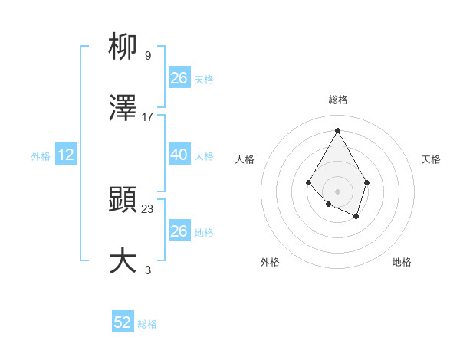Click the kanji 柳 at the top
tap(123, 47)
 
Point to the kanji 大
tap(123, 261)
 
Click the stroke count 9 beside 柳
tap(148, 56)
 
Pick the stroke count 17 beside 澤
tap(148, 117)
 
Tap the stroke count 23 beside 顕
tap(148, 209)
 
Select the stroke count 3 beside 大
tap(148, 270)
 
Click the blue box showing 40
tap(179, 155)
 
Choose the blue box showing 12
tap(66, 155)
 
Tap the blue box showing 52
tap(123, 323)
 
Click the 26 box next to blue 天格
tap(179, 78)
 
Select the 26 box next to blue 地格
tap(179, 231)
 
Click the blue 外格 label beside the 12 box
tap(41, 156)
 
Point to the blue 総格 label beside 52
tap(147, 324)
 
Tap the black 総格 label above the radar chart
tap(337, 100)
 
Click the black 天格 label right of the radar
tap(432, 159)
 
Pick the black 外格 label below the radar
tap(270, 262)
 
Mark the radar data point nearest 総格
tap(337, 129)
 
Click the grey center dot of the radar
tap(337, 191)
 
